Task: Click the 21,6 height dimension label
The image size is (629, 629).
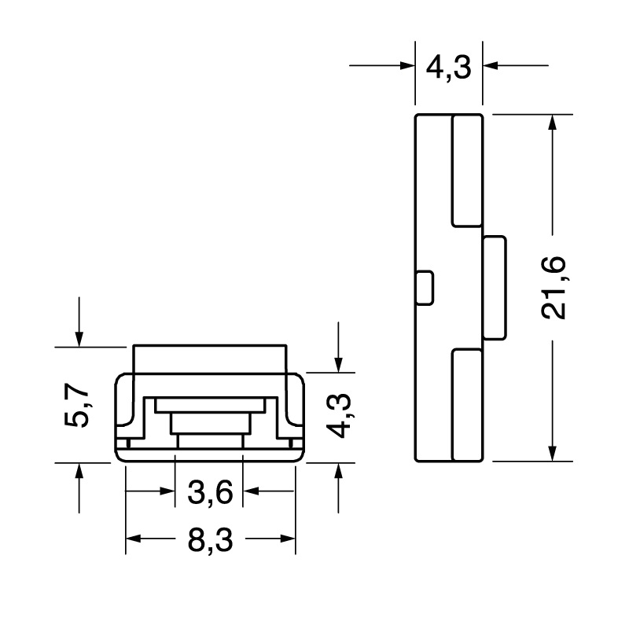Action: (556, 287)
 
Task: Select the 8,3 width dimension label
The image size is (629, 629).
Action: (210, 541)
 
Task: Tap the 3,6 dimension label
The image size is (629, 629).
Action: (210, 493)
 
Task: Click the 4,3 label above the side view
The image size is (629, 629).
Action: (448, 67)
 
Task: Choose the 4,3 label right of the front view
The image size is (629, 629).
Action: (340, 417)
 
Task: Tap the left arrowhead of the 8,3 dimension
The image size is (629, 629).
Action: (134, 539)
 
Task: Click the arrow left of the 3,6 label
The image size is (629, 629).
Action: (166, 491)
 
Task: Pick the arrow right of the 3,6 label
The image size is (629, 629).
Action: (252, 491)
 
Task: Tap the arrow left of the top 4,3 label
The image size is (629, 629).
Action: (405, 66)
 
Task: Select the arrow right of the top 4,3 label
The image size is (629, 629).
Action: (492, 66)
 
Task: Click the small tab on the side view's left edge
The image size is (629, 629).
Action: (424, 288)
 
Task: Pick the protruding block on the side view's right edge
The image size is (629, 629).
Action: (495, 288)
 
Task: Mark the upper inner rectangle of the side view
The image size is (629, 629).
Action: (466, 170)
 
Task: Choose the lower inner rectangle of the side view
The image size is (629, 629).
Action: (466, 406)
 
